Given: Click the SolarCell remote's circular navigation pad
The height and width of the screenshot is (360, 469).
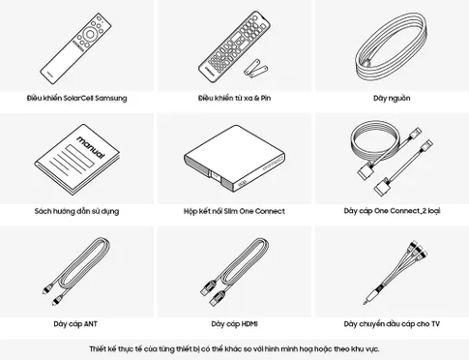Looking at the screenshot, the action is point(90,34).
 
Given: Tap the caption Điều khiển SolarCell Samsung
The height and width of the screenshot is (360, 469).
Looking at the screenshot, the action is point(76,98).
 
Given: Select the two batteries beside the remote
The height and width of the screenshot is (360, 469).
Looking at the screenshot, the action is point(256,67).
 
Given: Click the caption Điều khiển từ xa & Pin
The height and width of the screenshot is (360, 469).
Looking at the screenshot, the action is point(234,98).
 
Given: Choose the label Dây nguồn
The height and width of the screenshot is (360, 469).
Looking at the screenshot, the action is point(392,98).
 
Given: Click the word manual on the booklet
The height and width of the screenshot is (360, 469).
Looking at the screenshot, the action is point(91,147).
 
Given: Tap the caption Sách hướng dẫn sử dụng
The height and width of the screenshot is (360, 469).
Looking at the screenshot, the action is point(76,211).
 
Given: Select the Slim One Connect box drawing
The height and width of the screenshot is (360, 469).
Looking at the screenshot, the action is point(234,159).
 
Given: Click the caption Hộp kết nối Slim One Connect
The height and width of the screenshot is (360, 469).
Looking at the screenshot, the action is point(234,211).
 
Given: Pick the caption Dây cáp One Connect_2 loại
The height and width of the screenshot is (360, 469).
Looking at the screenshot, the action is point(392,211).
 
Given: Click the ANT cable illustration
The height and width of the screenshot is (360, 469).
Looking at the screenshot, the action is point(76,271).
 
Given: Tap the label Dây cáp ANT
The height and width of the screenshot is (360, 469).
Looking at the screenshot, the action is point(75,324).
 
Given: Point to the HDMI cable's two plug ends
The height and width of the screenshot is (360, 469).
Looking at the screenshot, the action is point(212,293).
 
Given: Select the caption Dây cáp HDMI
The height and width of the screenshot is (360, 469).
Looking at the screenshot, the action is point(234,324).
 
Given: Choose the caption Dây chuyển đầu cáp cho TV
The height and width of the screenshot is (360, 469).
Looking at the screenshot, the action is point(392,324).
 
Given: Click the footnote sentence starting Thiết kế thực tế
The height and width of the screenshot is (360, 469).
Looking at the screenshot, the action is point(234,348).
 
